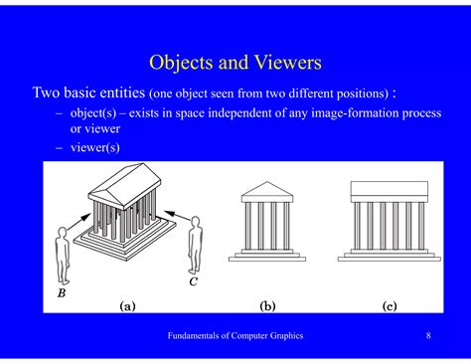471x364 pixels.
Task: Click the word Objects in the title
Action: pyautogui.click(x=182, y=63)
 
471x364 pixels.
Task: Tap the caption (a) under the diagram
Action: pyautogui.click(x=128, y=306)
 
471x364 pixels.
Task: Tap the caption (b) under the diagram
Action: pyautogui.click(x=268, y=306)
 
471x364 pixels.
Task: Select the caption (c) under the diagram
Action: pyautogui.click(x=389, y=306)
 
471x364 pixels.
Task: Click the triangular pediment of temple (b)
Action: pyautogui.click(x=268, y=189)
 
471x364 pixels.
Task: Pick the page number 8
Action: pyautogui.click(x=428, y=336)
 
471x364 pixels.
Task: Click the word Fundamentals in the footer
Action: pyautogui.click(x=194, y=336)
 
